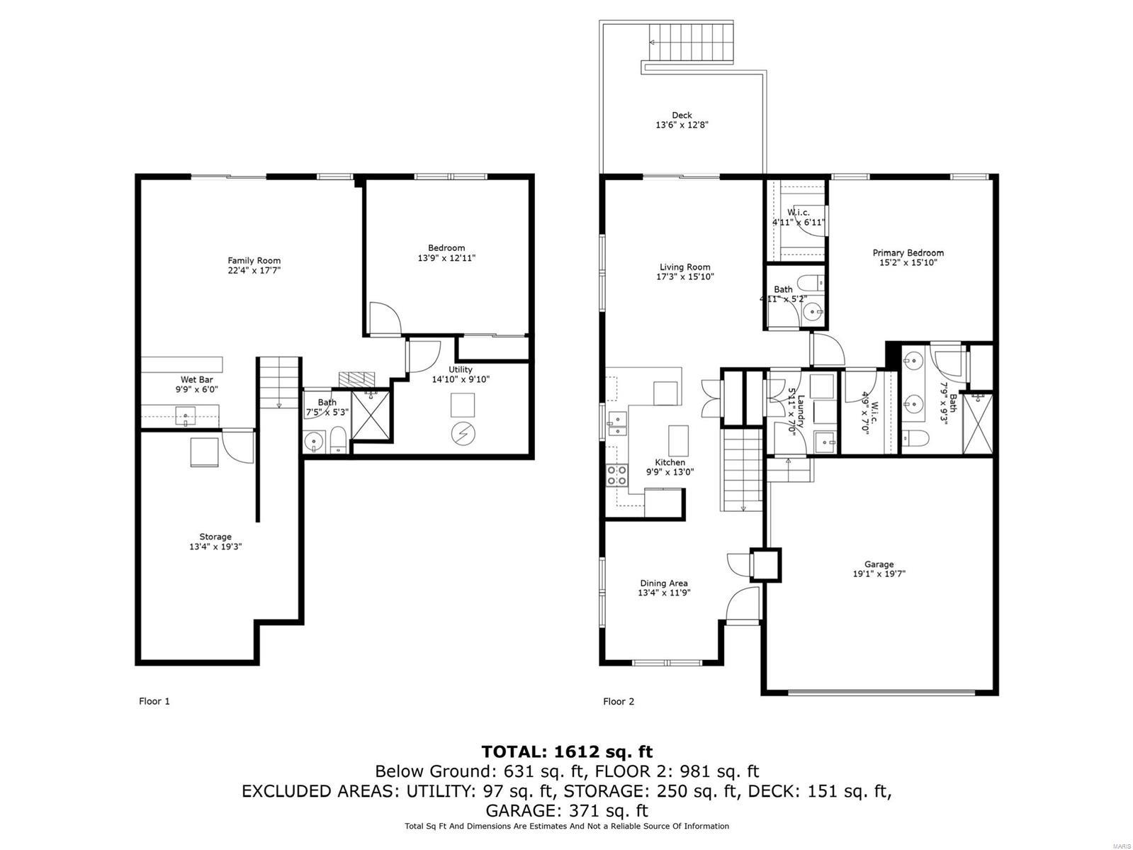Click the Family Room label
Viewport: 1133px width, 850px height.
click(x=254, y=260)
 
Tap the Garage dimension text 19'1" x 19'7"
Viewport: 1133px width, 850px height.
click(x=879, y=574)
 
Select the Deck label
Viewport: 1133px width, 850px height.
click(x=682, y=115)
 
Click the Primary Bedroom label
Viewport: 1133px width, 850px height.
click(x=908, y=252)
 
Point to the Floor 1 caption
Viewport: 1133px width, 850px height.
click(x=154, y=701)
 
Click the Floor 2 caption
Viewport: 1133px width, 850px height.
click(x=619, y=701)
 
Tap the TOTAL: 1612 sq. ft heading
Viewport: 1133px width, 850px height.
click(x=566, y=751)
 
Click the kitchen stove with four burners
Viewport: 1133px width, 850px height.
click(x=616, y=475)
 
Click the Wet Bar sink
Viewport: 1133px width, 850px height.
click(x=186, y=415)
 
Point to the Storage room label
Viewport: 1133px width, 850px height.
click(x=215, y=537)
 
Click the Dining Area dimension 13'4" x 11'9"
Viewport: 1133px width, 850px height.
click(x=663, y=593)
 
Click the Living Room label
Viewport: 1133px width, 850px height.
click(x=684, y=267)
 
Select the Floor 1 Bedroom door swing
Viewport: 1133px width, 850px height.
click(x=384, y=319)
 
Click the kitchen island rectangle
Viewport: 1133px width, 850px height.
click(x=678, y=440)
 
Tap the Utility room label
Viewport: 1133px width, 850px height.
click(x=461, y=369)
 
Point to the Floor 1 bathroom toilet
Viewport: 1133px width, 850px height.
click(x=339, y=441)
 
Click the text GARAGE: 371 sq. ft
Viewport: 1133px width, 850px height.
click(x=566, y=810)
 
